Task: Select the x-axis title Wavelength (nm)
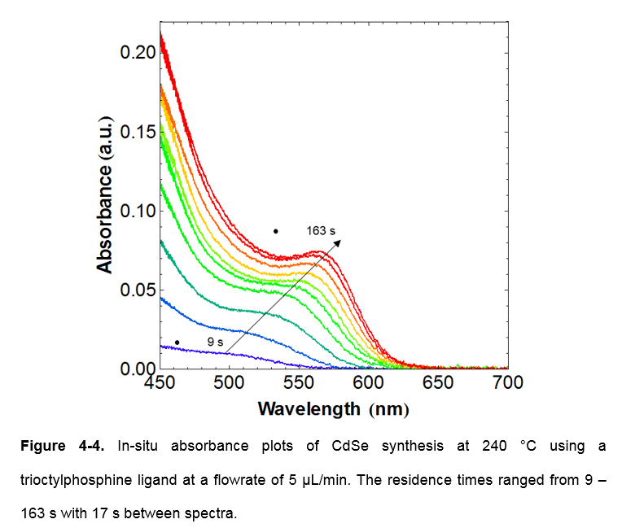click(x=333, y=408)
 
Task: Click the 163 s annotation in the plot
click(x=321, y=231)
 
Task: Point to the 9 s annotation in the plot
click(x=215, y=343)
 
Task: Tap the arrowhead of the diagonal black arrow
click(x=338, y=242)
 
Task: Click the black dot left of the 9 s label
click(x=177, y=343)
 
